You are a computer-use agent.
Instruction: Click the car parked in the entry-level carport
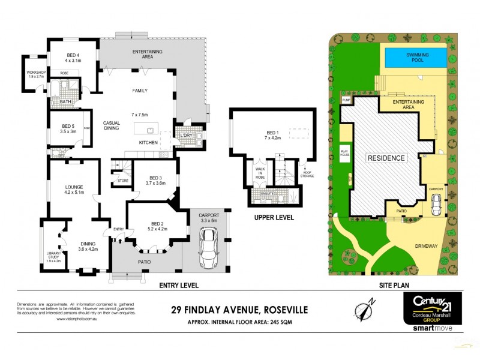click(x=209, y=249)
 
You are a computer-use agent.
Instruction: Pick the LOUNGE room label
click(x=74, y=190)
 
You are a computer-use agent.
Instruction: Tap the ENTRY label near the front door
click(x=118, y=229)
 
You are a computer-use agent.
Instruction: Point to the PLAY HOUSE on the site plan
click(x=345, y=152)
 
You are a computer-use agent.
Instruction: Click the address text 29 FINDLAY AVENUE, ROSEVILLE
click(x=240, y=310)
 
